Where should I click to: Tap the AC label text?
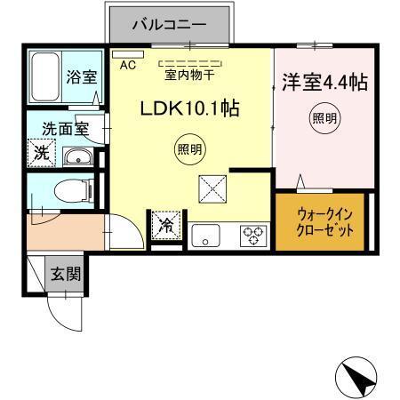pos(127,64)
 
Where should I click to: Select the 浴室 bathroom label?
pos(83,76)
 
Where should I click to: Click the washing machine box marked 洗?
pos(41,153)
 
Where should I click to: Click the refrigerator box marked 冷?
pos(166,226)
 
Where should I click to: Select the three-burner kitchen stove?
pos(252,236)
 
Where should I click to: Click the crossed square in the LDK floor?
pos(213,188)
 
